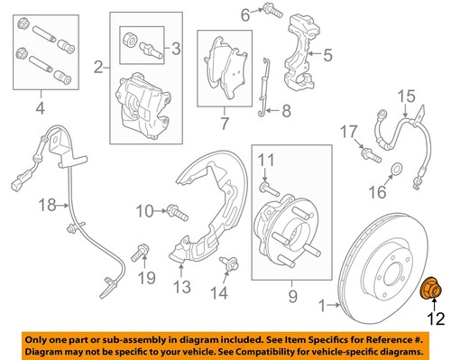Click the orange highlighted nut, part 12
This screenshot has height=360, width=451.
(431, 289)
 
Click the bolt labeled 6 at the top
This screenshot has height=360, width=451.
(269, 11)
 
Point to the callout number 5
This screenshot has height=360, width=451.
(327, 54)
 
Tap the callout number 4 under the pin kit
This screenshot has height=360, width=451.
(38, 112)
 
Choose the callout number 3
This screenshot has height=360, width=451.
(176, 47)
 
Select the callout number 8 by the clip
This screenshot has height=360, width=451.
(285, 112)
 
